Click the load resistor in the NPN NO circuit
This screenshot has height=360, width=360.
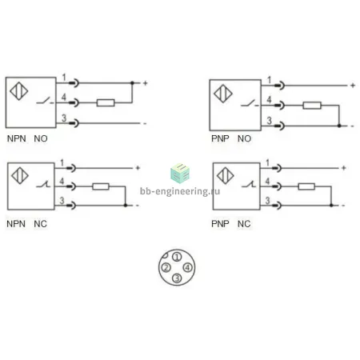pos(106,102)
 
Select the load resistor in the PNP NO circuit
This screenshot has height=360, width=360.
pos(312,106)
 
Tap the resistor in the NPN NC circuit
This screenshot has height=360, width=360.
pos(101,186)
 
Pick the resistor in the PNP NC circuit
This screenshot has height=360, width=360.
pos(306,186)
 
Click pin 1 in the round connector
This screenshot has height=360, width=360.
pos(177,257)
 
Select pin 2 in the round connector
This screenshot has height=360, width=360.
pos(166,267)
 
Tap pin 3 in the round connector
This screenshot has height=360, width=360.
pos(177,278)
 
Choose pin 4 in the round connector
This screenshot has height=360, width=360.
pos(188,267)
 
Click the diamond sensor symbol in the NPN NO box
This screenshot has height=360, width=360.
pos(19,91)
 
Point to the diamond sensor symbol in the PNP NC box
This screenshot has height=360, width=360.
pos(225,176)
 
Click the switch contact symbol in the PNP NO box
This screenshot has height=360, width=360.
pos(250,103)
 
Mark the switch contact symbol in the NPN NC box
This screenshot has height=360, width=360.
pos(43,184)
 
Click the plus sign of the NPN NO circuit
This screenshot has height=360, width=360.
pos(146,83)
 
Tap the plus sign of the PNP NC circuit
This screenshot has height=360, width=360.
pos(344,168)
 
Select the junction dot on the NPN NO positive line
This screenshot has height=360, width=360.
pos(132,83)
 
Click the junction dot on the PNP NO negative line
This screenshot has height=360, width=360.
pos(339,126)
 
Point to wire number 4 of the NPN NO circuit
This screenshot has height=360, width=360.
pos(64,97)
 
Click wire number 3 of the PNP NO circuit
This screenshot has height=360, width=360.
pos(270,121)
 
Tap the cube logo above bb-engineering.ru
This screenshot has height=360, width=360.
pos(180,174)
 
